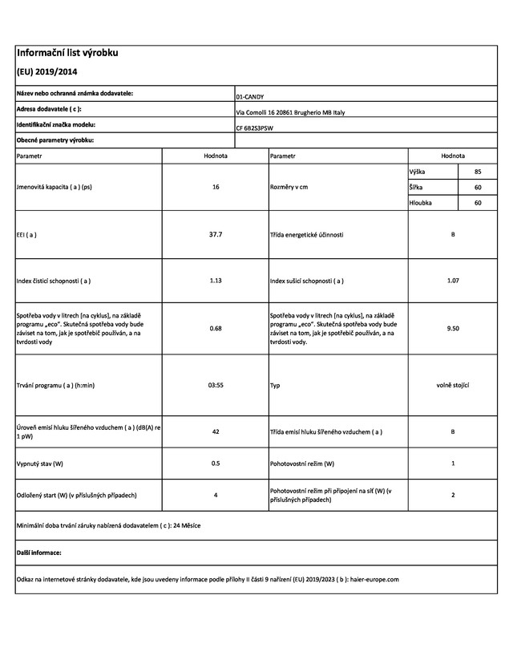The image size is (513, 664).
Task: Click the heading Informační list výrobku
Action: click(67, 54)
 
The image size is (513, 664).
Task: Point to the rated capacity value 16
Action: click(216, 186)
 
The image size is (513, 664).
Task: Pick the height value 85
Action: click(478, 171)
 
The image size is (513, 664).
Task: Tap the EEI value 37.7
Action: click(216, 235)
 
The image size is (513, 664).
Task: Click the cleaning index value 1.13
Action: click(216, 281)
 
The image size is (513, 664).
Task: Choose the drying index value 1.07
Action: click(453, 281)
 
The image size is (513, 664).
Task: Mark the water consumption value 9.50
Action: click(453, 328)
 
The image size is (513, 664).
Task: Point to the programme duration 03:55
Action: click(216, 385)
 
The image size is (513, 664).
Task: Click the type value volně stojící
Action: click(453, 385)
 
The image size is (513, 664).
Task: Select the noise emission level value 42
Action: click(216, 432)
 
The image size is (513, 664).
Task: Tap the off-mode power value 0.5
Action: click(216, 464)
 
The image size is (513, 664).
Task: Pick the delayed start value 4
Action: click(216, 495)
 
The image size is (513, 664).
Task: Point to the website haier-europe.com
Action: click(374, 579)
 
